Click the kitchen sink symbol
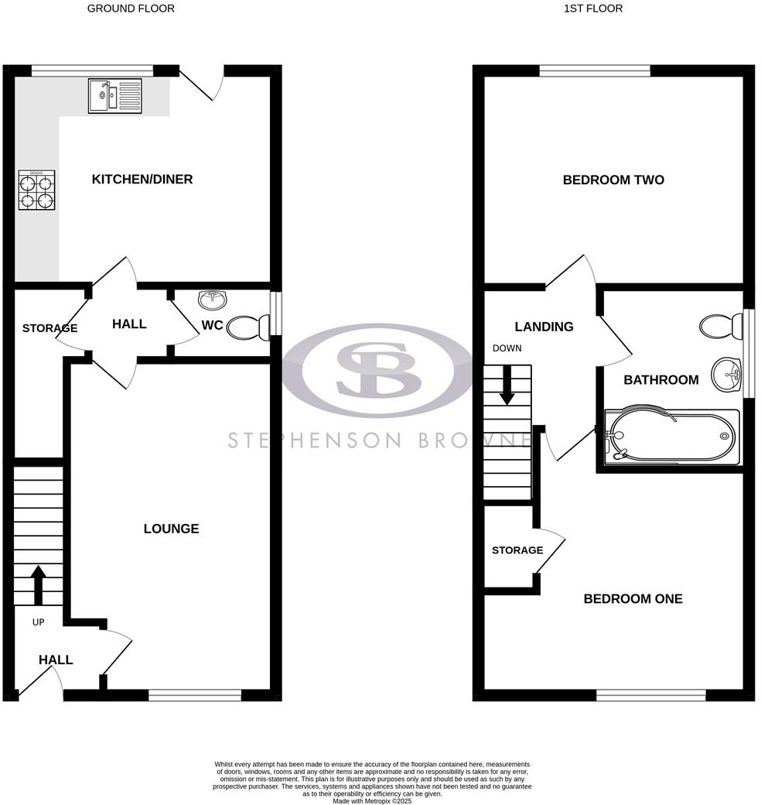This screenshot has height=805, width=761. [x=114, y=96]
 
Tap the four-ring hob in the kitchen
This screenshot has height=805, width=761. [x=37, y=190]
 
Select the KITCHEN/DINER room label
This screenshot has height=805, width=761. [x=142, y=180]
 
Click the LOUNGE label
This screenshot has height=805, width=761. [x=171, y=529]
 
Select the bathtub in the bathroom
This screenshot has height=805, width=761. [x=670, y=437]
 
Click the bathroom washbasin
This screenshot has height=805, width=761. [x=727, y=374]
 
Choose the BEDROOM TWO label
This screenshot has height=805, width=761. [x=613, y=180]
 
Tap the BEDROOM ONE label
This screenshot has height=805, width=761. [x=633, y=598]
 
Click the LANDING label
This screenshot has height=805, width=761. [x=545, y=327]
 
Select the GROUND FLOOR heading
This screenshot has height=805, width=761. [x=131, y=9]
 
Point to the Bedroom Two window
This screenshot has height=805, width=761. [x=595, y=71]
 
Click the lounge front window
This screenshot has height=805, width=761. [x=195, y=696]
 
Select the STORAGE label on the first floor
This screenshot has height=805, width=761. [x=517, y=550]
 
